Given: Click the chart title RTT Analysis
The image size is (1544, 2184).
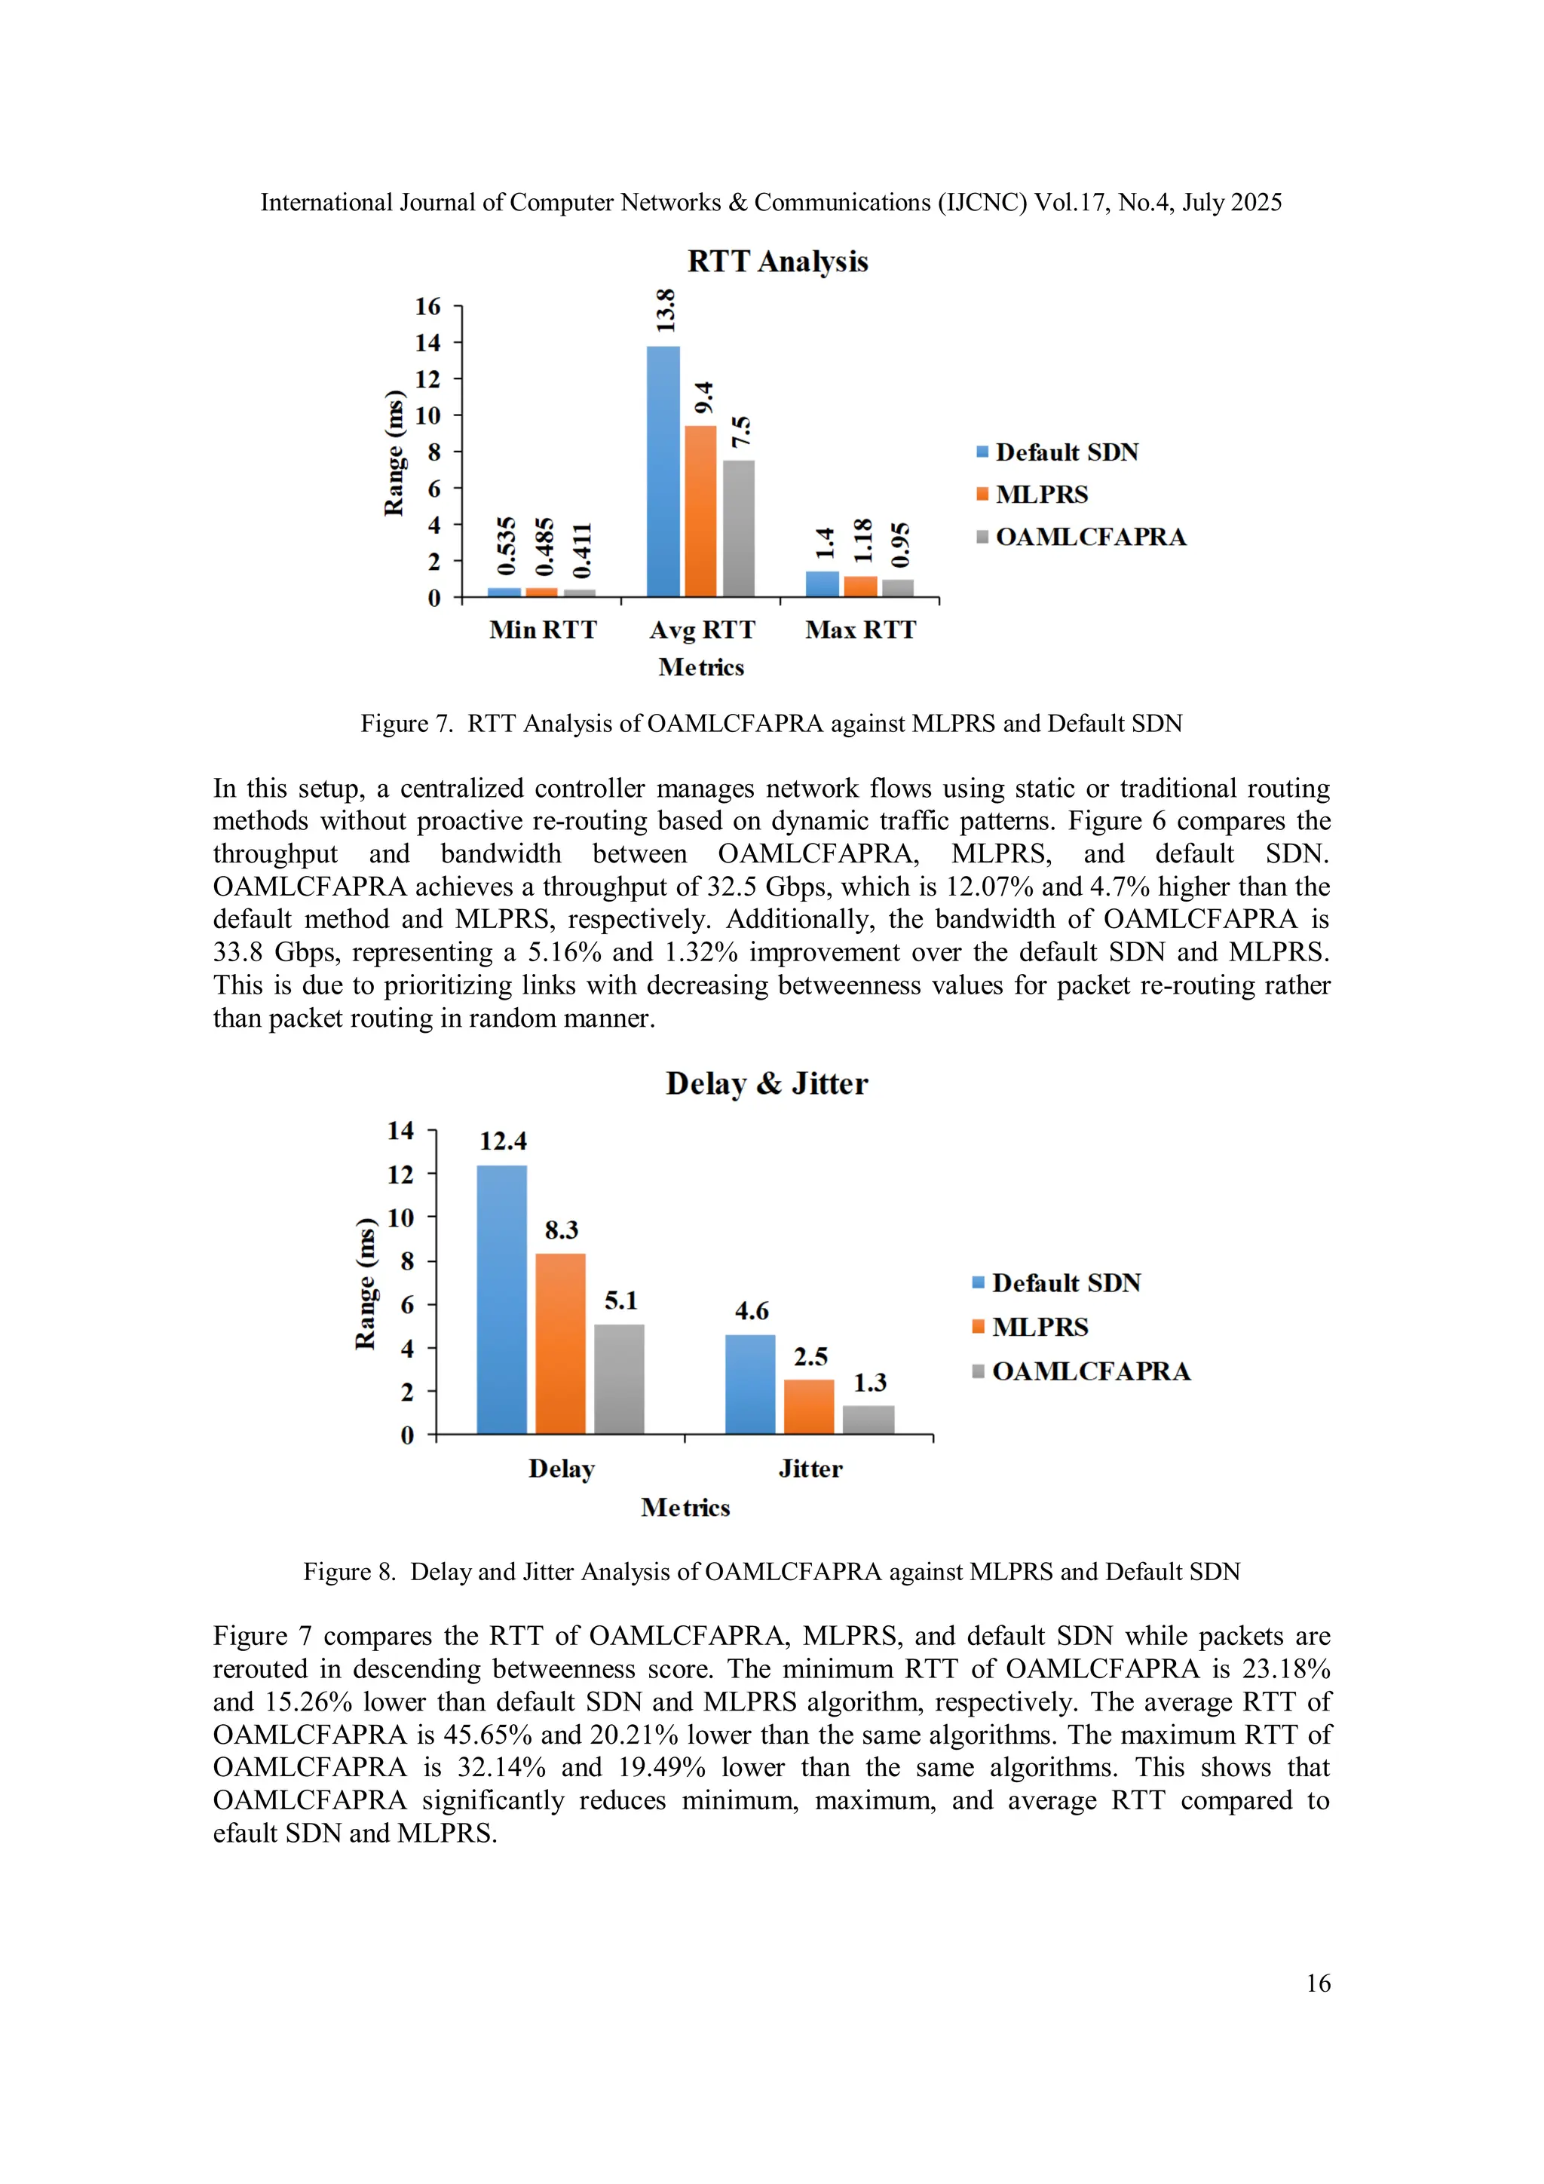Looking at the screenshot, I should coord(777,262).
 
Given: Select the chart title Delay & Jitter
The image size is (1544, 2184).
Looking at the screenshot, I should coord(767,1083).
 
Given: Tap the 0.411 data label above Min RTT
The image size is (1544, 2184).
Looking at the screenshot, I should coord(582,550).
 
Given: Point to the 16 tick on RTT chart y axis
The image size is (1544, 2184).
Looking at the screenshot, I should coord(428,306).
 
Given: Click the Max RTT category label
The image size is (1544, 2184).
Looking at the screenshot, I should coord(860,629).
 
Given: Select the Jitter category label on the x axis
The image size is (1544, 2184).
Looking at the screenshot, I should coord(810,1469).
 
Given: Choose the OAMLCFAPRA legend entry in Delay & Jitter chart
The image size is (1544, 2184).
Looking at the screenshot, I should coord(1090,1371).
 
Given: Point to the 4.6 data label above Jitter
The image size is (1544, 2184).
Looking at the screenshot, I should coord(752,1311).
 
